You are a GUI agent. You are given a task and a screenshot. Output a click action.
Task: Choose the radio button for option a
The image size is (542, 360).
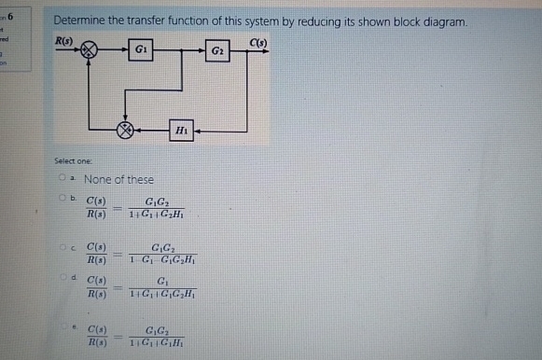pos(58,178)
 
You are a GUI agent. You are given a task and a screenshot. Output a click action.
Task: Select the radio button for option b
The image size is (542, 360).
pos(58,199)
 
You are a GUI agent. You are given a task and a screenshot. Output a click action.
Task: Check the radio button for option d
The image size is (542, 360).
pos(58,278)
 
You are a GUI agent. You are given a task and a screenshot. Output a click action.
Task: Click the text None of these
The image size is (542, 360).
pos(118,179)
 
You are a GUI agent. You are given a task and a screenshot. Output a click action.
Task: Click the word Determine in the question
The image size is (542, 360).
pos(79,21)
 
